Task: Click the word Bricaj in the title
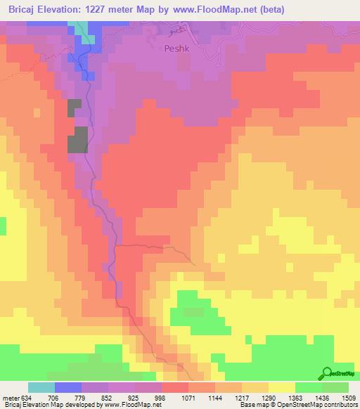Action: click(x=26, y=9)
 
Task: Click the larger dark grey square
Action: click(x=77, y=140)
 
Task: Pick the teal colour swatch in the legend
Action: click(x=41, y=387)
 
